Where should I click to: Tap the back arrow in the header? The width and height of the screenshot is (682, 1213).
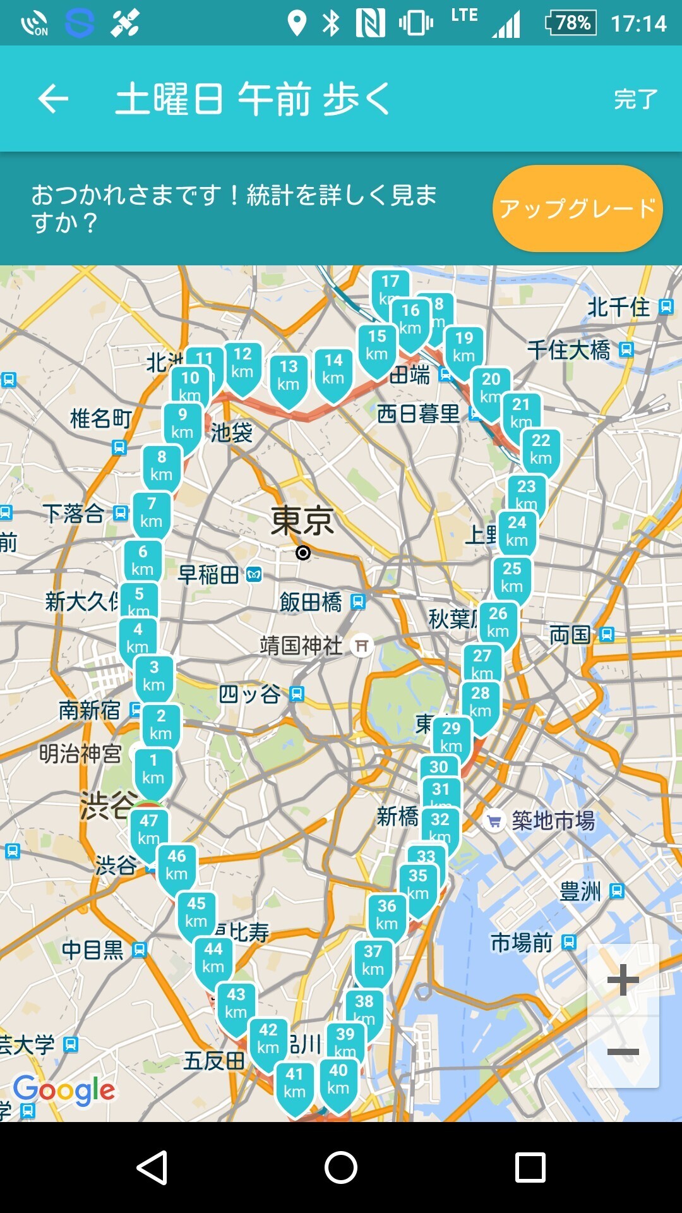click(x=53, y=99)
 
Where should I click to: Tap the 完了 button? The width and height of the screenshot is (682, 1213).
click(x=635, y=99)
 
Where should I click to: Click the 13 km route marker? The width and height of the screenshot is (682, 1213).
click(x=289, y=376)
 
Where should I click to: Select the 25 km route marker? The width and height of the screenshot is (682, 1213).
click(x=512, y=577)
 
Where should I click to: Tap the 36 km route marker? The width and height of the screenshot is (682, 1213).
click(x=387, y=915)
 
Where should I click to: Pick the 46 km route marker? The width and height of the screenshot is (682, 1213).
click(x=177, y=865)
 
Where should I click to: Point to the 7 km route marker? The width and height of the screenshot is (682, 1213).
click(x=152, y=512)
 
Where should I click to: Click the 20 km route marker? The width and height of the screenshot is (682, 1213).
click(x=491, y=387)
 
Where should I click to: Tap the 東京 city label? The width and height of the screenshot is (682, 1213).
click(x=302, y=521)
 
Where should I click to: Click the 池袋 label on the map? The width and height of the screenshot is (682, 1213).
click(x=232, y=433)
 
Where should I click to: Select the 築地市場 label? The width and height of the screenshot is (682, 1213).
click(x=553, y=821)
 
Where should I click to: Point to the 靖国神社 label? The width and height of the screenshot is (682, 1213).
click(x=301, y=645)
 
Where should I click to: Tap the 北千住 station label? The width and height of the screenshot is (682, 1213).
click(x=619, y=307)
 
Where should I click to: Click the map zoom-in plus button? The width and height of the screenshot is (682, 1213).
click(x=623, y=980)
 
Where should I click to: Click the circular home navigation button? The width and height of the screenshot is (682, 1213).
click(x=341, y=1167)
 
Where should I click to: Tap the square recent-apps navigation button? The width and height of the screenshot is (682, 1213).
click(x=530, y=1167)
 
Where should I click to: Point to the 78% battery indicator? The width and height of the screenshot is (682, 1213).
click(x=571, y=23)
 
